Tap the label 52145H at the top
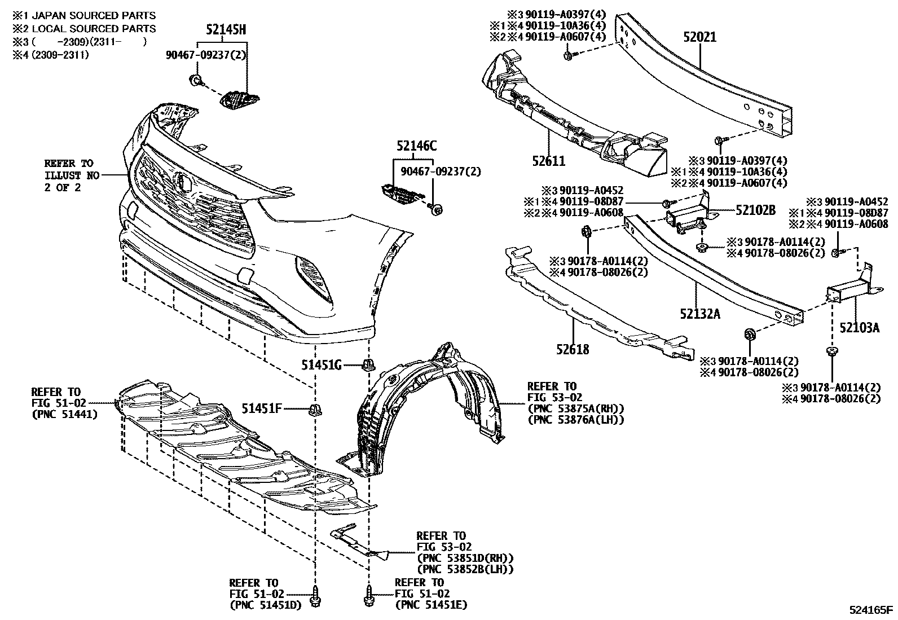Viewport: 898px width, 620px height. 225,31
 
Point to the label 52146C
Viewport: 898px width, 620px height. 416,146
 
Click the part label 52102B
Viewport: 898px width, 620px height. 755,210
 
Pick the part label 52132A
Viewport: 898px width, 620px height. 699,314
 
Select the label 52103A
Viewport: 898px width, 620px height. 859,327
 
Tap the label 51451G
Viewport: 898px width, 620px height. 321,365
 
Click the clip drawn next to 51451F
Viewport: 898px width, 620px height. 314,410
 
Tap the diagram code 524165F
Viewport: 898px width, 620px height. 871,609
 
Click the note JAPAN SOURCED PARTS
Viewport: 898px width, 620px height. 92,16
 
